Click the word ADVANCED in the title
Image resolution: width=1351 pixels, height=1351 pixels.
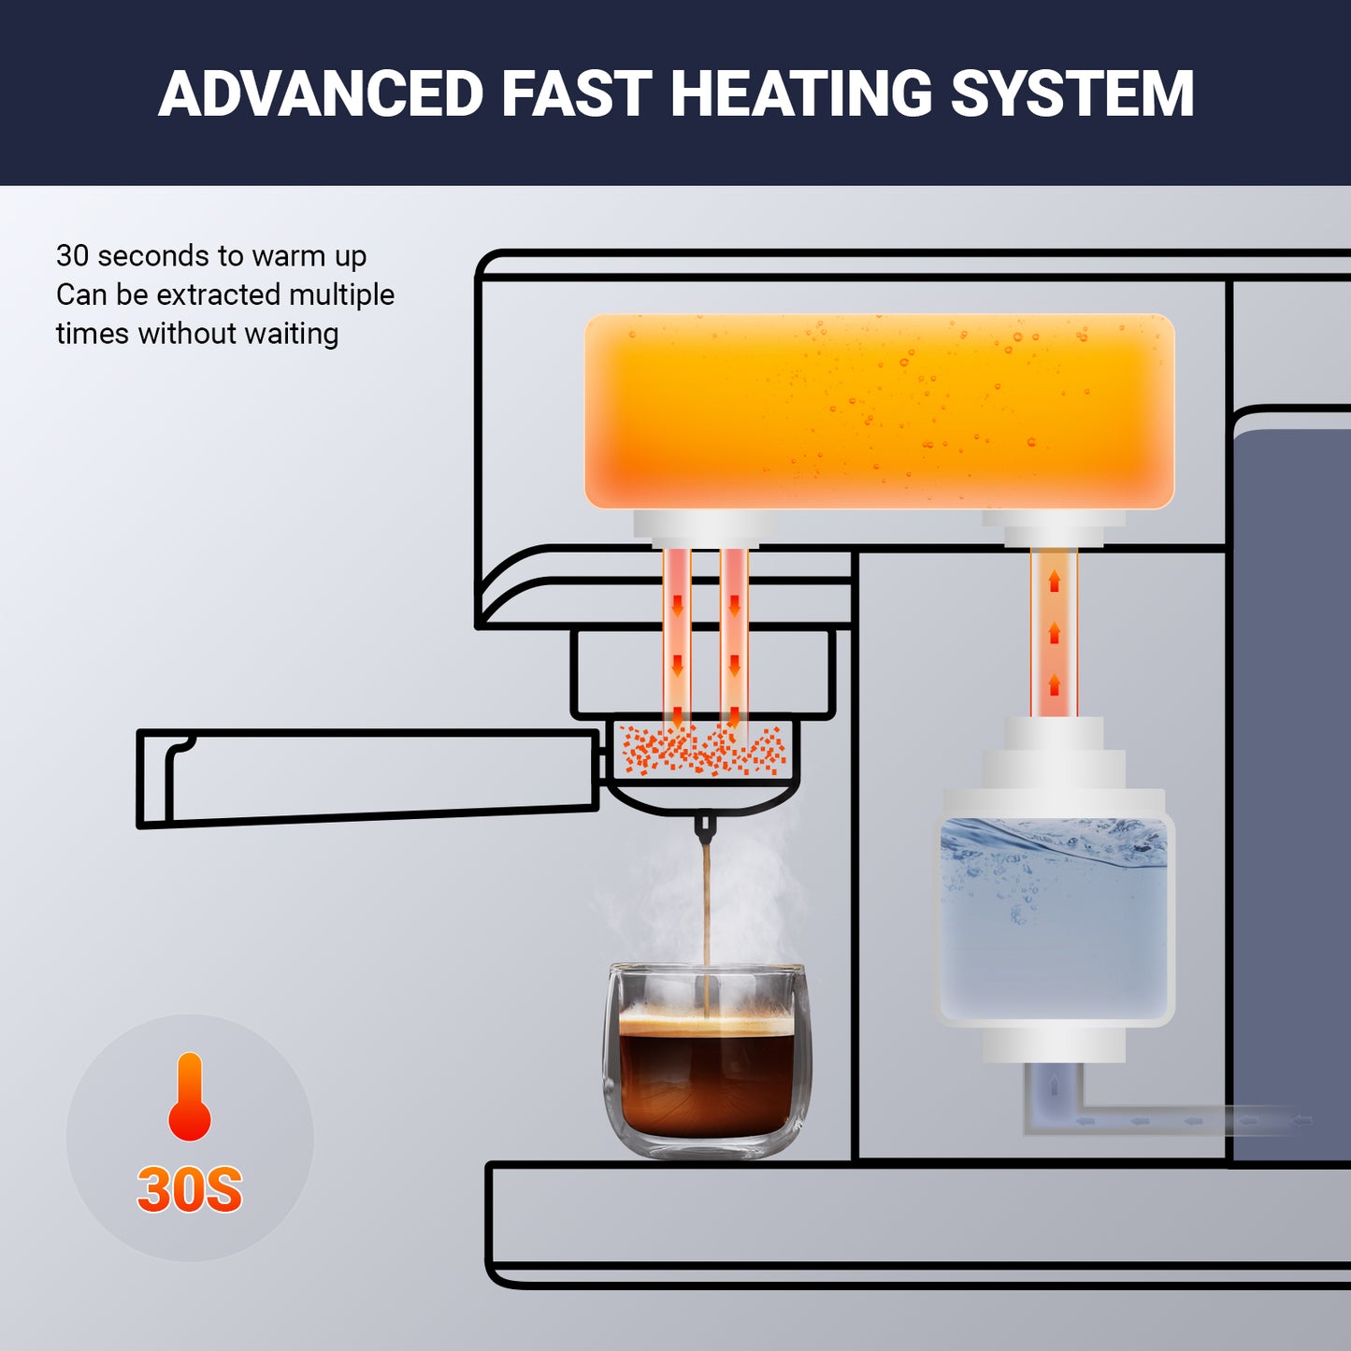(x=321, y=94)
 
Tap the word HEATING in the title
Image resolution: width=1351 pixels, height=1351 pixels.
(x=801, y=94)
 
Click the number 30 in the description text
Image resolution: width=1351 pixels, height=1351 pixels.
(x=72, y=255)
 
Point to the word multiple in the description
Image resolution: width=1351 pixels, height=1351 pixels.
(x=341, y=295)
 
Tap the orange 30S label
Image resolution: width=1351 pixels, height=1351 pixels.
(x=190, y=1189)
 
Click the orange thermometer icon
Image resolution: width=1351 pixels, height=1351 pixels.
(x=190, y=1099)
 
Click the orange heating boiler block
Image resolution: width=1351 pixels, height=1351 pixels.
(x=879, y=411)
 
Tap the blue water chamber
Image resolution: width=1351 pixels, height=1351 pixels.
(x=1055, y=921)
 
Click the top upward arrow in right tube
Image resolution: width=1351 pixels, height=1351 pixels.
(x=1055, y=582)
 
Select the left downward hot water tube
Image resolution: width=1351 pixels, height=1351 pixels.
(x=677, y=636)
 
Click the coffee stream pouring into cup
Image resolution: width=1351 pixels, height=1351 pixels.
(x=707, y=916)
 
